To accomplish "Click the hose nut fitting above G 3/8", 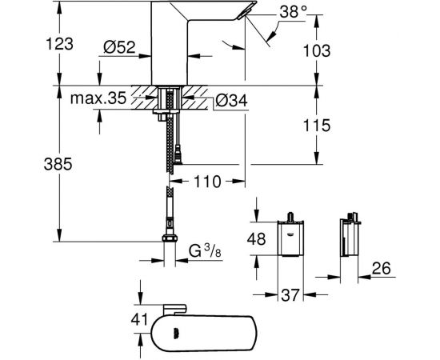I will [170, 238].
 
